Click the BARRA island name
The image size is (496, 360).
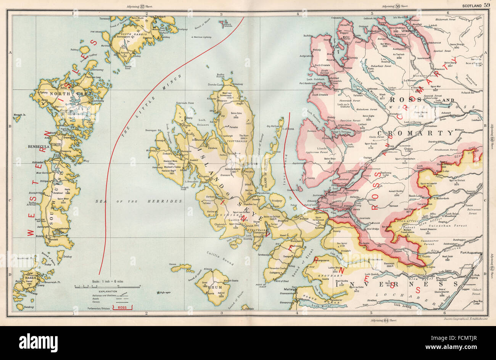pyautogui.click(x=30, y=278)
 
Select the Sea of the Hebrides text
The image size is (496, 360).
pyautogui.click(x=136, y=200)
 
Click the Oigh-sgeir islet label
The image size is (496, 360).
pyautogui.click(x=163, y=292)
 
